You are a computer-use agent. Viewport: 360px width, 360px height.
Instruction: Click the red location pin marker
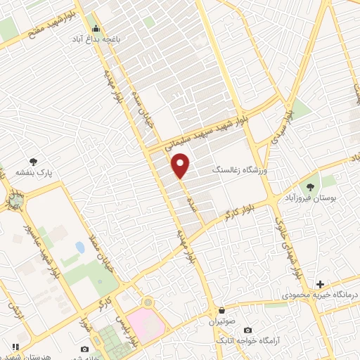pyautogui.click(x=181, y=165)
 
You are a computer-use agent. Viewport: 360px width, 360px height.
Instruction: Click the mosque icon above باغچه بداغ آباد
pyautogui.click(x=96, y=28)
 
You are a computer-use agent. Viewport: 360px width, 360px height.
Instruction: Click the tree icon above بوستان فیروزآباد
pyautogui.click(x=310, y=187)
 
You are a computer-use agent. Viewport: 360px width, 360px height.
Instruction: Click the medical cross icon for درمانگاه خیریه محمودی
pyautogui.click(x=320, y=285)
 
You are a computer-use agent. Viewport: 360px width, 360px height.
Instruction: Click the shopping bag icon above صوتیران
pyautogui.click(x=222, y=310)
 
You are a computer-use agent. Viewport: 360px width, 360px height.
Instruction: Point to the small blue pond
pyautogui.click(x=79, y=248)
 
